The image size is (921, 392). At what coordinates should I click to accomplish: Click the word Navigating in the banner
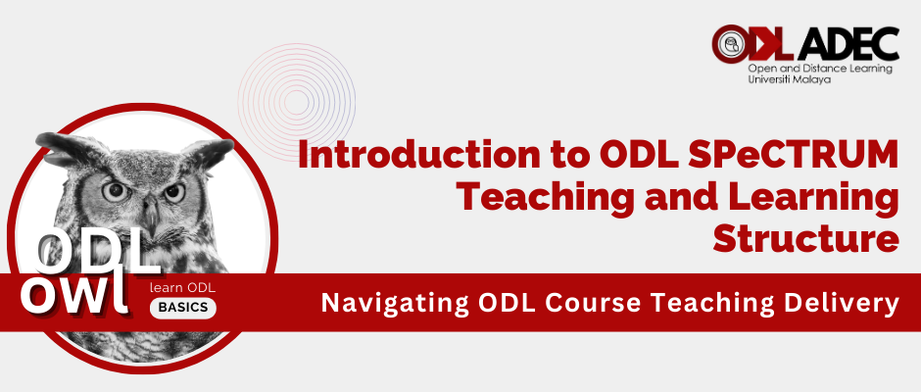pyautogui.click(x=395, y=303)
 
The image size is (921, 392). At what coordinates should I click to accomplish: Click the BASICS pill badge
pyautogui.click(x=182, y=307)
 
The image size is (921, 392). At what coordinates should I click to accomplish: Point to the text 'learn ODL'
pyautogui.click(x=182, y=288)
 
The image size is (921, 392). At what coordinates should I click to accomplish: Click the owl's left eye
pyautogui.click(x=115, y=190)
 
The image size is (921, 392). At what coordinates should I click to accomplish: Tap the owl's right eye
pyautogui.click(x=174, y=192)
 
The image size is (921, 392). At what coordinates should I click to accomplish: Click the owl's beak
pyautogui.click(x=151, y=218)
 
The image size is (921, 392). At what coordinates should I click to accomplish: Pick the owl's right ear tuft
pyautogui.click(x=212, y=151)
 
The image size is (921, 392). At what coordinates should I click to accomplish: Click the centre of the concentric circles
pyautogui.click(x=297, y=102)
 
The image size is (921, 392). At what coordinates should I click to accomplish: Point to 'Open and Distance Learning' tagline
pyautogui.click(x=820, y=69)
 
